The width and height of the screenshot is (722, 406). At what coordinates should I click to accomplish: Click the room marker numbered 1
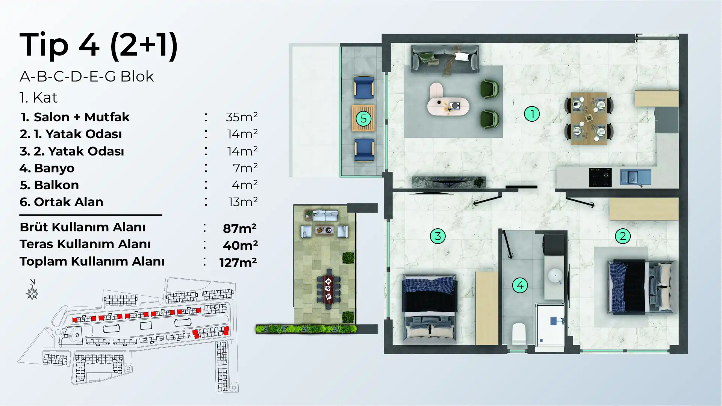tap(532, 114)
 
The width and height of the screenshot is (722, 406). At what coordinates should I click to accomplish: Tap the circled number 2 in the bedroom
tap(623, 236)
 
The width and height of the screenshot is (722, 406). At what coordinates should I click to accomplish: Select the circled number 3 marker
tap(438, 236)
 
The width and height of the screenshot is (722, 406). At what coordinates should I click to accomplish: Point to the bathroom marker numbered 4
tap(520, 285)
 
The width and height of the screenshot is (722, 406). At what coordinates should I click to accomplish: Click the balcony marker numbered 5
tap(363, 119)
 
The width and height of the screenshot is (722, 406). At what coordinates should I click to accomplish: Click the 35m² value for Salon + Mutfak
tap(242, 117)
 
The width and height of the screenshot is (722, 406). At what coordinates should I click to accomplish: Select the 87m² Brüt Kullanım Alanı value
tap(240, 228)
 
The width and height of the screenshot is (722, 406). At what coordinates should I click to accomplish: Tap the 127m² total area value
tap(238, 262)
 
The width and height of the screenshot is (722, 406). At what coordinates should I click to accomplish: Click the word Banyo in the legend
tap(54, 168)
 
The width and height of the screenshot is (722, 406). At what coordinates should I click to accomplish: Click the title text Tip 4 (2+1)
tap(98, 45)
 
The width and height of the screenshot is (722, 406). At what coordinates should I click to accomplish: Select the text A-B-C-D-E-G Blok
tap(87, 77)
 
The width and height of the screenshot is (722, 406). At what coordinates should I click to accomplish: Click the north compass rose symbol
tap(32, 293)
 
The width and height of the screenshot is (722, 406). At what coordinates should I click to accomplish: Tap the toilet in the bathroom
tap(519, 333)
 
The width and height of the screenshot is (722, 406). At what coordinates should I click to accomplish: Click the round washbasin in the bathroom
tap(555, 275)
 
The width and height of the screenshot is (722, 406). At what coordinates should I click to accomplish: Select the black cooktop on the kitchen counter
tap(600, 177)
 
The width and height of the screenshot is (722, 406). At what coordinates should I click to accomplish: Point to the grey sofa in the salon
tap(445, 59)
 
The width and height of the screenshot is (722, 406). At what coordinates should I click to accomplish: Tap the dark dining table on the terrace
tap(328, 288)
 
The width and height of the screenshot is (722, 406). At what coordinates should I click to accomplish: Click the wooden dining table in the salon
tap(589, 119)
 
